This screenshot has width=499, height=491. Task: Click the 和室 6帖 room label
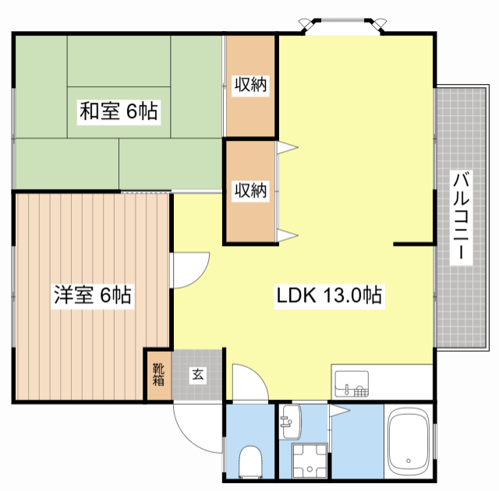click(x=119, y=111)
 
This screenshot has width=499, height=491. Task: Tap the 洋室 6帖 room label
click(x=92, y=295)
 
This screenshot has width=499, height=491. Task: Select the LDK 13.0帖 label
click(x=329, y=296)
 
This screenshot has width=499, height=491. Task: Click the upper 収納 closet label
click(x=250, y=84)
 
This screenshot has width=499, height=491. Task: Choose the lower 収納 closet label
click(x=250, y=190)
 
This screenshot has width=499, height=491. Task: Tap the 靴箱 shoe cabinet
click(x=158, y=375)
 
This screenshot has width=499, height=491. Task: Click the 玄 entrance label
click(x=197, y=375)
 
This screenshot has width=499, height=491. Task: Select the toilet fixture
click(x=250, y=462)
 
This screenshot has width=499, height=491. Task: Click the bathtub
click(x=409, y=443)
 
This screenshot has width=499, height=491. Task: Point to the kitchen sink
click(x=352, y=384)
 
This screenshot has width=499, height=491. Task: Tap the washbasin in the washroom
click(x=290, y=422)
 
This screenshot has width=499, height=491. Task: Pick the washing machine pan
click(x=310, y=461)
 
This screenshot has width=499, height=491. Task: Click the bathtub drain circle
click(x=409, y=461)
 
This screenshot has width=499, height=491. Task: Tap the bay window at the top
click(x=343, y=26)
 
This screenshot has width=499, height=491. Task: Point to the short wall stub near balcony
click(x=414, y=244)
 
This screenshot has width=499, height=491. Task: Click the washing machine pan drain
click(x=310, y=468)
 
